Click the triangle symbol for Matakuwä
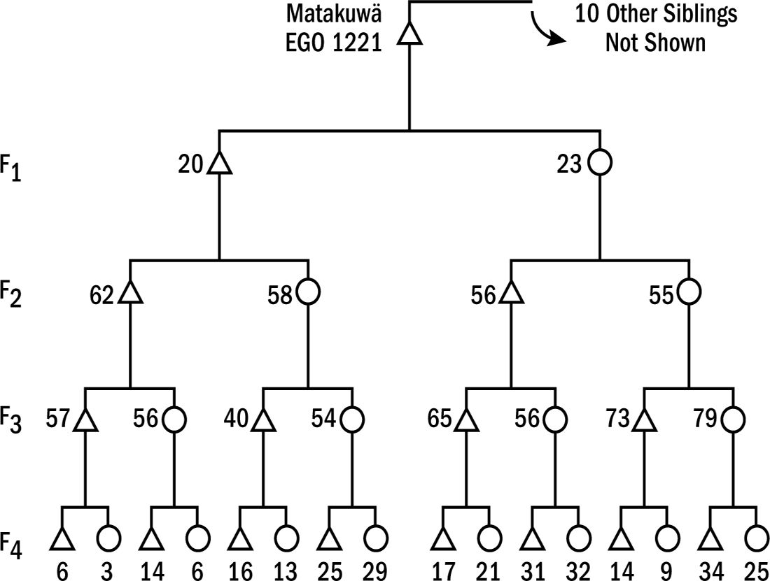coord(409,34)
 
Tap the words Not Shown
coord(655,43)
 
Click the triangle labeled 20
coord(220,164)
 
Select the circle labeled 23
coord(600,164)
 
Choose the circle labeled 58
coord(308,293)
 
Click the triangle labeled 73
coord(643,421)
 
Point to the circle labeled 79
coord(734,419)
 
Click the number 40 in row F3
coord(237,420)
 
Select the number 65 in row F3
coord(440,420)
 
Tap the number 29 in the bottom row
coord(375,571)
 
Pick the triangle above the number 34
coord(710,540)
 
